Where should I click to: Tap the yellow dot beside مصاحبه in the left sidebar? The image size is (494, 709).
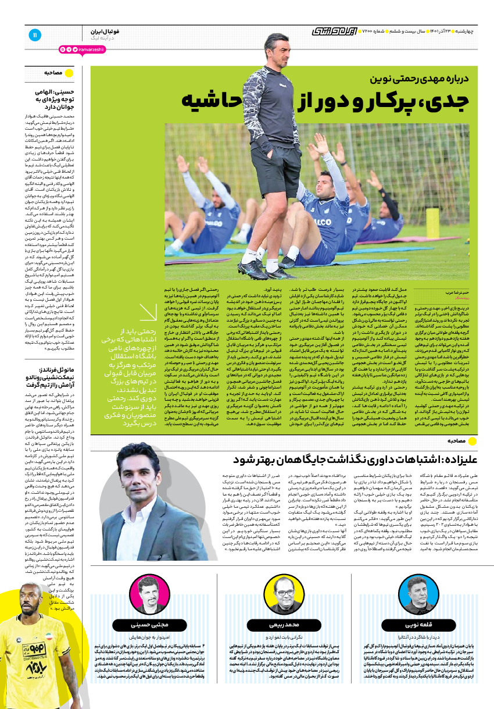point(69,73)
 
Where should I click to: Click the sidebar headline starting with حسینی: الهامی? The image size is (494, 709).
point(55,99)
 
